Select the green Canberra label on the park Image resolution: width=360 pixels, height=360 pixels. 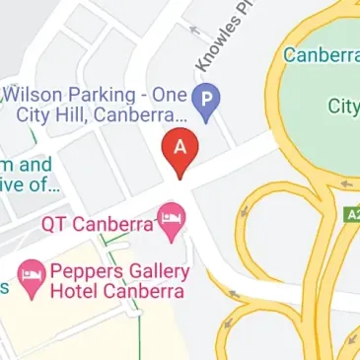(321, 54)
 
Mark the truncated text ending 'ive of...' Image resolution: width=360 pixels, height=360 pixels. (30, 184)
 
